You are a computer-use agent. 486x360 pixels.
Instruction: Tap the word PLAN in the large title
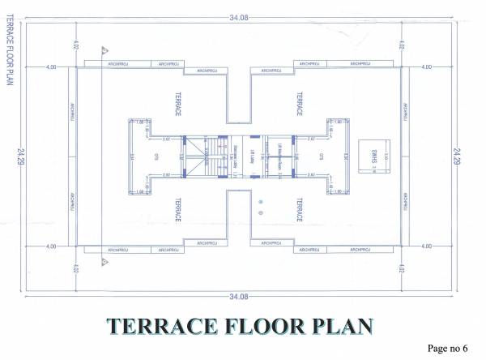pos(339,326)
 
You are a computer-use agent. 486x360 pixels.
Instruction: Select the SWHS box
pos(370,154)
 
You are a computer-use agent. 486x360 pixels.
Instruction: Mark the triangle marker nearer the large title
pos(104,262)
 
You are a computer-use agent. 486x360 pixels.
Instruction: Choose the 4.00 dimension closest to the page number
pos(426,245)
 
